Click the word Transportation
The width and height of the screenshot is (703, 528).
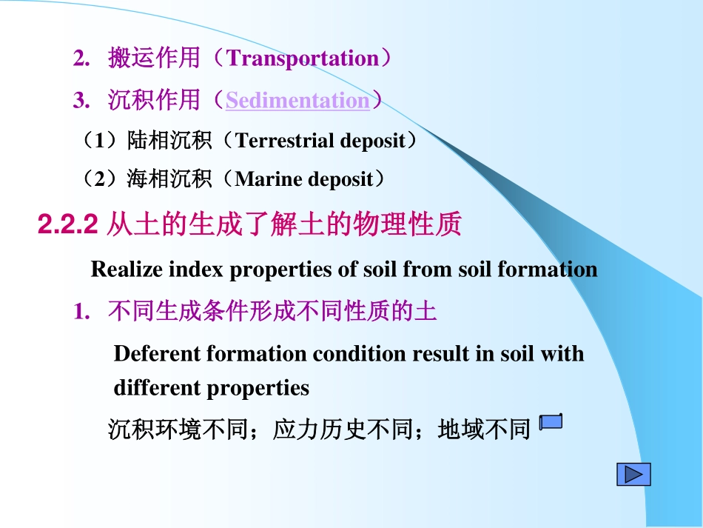303,59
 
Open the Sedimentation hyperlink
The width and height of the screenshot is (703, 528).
297,101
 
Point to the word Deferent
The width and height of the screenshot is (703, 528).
158,353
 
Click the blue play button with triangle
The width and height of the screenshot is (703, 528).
633,474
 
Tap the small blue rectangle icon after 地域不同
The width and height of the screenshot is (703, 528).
551,423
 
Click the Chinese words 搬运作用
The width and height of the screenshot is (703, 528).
154,59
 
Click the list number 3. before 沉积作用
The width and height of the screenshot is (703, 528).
81,101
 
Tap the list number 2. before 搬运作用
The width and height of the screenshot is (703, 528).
81,59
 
